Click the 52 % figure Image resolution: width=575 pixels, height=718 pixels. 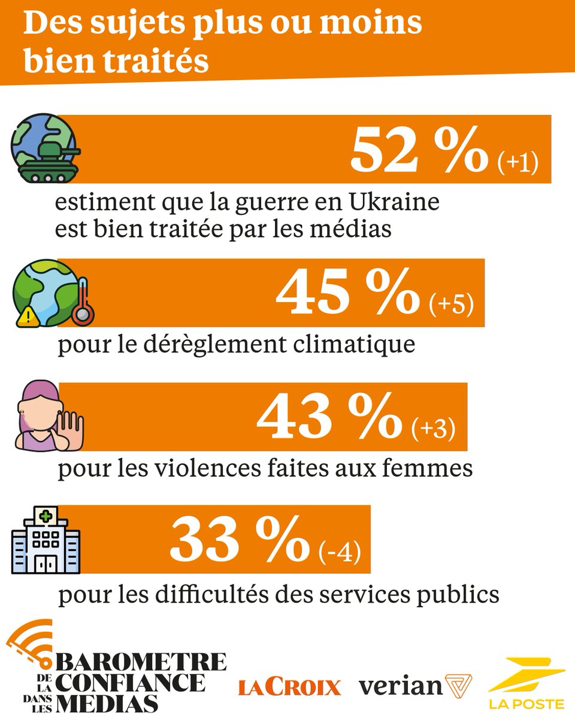pyautogui.click(x=419, y=150)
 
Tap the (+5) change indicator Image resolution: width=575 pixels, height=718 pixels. pyautogui.click(x=452, y=305)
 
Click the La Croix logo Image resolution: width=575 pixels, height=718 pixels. pyautogui.click(x=289, y=687)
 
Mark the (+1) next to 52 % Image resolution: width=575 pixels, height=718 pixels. pyautogui.click(x=519, y=163)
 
